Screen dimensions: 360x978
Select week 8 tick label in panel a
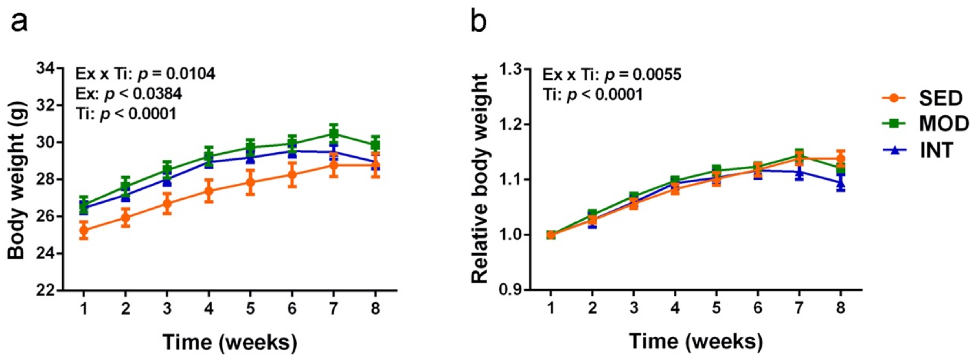(x=375, y=309)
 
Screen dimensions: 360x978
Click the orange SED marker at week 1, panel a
(x=84, y=230)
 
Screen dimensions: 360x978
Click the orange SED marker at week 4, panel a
(x=209, y=191)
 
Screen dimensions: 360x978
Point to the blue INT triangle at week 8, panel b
(x=841, y=184)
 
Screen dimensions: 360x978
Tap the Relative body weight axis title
(x=479, y=178)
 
